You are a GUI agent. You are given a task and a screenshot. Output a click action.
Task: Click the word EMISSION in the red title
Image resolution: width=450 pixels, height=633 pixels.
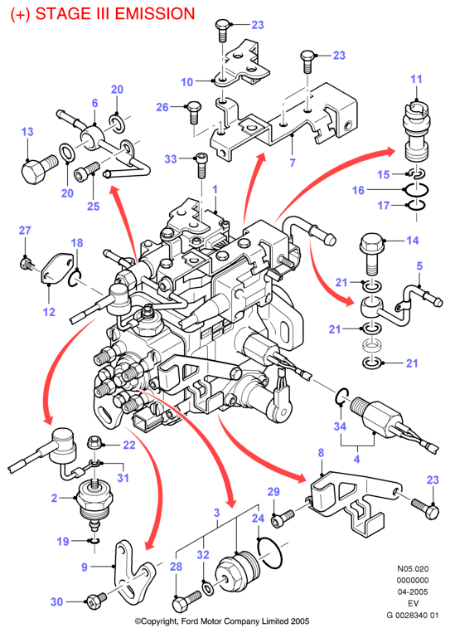[155, 14]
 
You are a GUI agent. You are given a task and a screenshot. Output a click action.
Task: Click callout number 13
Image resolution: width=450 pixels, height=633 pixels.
[27, 132]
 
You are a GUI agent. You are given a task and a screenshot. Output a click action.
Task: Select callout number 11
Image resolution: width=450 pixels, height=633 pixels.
[416, 79]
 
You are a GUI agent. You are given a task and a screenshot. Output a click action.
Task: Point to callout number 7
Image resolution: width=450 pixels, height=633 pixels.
[293, 163]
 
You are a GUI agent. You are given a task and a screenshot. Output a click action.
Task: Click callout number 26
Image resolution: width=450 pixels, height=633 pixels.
[162, 107]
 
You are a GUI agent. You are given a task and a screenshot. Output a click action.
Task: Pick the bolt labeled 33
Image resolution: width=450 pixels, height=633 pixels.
[202, 165]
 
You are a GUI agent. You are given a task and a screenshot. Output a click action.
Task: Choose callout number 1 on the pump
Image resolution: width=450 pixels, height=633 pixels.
[215, 189]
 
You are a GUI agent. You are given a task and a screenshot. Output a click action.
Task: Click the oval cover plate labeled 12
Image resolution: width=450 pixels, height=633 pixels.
[59, 267]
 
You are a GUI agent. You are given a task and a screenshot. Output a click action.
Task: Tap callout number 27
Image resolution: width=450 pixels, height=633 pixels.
[25, 231]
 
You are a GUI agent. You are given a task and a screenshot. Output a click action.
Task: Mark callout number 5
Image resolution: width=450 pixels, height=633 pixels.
[419, 266]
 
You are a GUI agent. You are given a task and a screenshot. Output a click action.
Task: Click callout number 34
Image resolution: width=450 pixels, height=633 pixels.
[340, 426]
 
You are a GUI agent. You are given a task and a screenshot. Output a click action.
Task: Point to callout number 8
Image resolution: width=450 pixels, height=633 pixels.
[321, 453]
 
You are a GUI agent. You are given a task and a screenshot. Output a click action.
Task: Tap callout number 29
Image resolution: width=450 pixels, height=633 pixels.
[273, 492]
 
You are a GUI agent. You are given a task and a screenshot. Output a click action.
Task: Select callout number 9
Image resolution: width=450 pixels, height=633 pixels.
[84, 567]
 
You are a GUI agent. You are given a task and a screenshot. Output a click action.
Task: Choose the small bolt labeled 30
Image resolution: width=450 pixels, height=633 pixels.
[96, 599]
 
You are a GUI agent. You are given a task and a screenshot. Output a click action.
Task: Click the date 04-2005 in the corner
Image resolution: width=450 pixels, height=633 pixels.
[413, 592]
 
